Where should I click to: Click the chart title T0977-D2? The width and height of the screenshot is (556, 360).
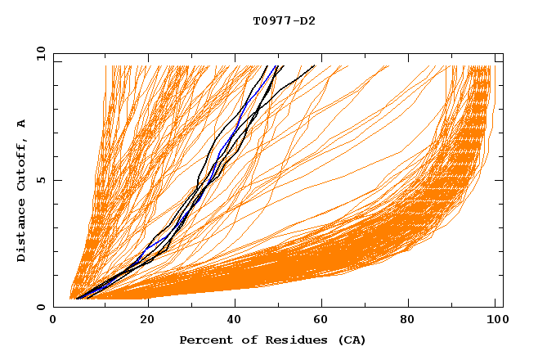click(x=284, y=20)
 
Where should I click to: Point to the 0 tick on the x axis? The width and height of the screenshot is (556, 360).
click(x=54, y=319)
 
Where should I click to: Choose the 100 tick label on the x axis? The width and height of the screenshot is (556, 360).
click(x=495, y=319)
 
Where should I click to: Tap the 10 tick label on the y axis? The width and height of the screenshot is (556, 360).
click(x=38, y=53)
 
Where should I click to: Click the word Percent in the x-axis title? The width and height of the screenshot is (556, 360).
click(x=203, y=340)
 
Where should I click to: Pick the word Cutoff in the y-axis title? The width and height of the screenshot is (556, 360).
click(x=21, y=167)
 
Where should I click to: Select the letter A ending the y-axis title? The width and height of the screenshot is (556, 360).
click(x=21, y=123)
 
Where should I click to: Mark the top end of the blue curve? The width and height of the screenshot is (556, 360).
click(x=276, y=66)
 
